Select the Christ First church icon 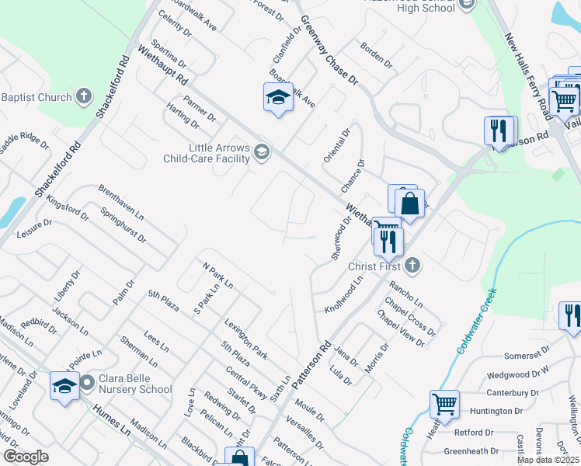(x=412, y=266)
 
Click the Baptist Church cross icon (x=84, y=97)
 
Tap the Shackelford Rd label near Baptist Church (x=110, y=87)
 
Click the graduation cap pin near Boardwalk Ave (x=277, y=97)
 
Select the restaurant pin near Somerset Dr (x=570, y=316)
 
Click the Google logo (x=26, y=457)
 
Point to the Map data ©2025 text (x=548, y=460)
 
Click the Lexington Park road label (x=245, y=339)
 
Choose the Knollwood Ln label (x=345, y=294)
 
